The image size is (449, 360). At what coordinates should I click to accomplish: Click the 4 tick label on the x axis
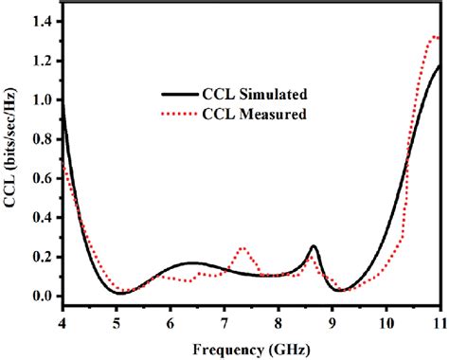[62, 321]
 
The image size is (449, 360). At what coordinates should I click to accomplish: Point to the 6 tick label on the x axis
[170, 321]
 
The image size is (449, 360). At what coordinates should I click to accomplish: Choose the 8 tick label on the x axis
[278, 321]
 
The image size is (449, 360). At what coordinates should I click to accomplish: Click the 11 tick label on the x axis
[440, 321]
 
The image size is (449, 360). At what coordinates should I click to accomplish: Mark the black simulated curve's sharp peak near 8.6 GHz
[314, 246]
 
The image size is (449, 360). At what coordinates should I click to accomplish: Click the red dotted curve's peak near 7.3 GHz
[242, 248]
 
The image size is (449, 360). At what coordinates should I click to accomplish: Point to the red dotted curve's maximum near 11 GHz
[435, 37]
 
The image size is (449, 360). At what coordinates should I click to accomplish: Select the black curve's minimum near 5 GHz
[120, 294]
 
